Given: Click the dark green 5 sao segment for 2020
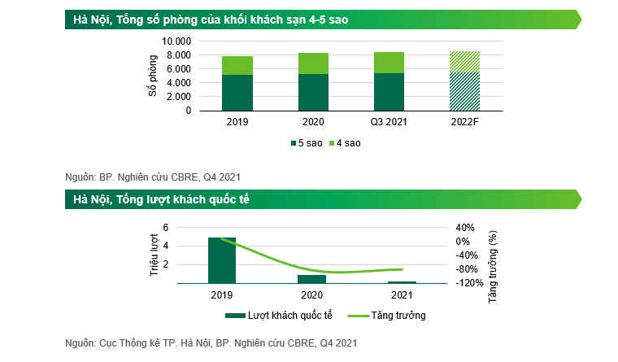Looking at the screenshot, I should click(312, 92).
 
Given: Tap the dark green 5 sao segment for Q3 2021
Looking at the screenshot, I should click(388, 91).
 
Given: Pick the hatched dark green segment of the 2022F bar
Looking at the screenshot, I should click(464, 91).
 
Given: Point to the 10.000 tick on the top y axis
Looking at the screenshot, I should click(176, 41).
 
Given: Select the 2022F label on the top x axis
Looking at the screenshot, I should click(464, 121).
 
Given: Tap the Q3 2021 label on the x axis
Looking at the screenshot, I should click(388, 121).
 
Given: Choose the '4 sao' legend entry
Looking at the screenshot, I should click(346, 143).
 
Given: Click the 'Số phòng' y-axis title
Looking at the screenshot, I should click(152, 76).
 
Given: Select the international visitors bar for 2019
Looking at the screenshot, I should click(222, 260).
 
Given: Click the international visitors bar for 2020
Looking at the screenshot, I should click(312, 279).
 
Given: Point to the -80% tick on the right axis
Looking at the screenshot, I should click(466, 269).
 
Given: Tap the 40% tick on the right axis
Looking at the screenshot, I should click(463, 227).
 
